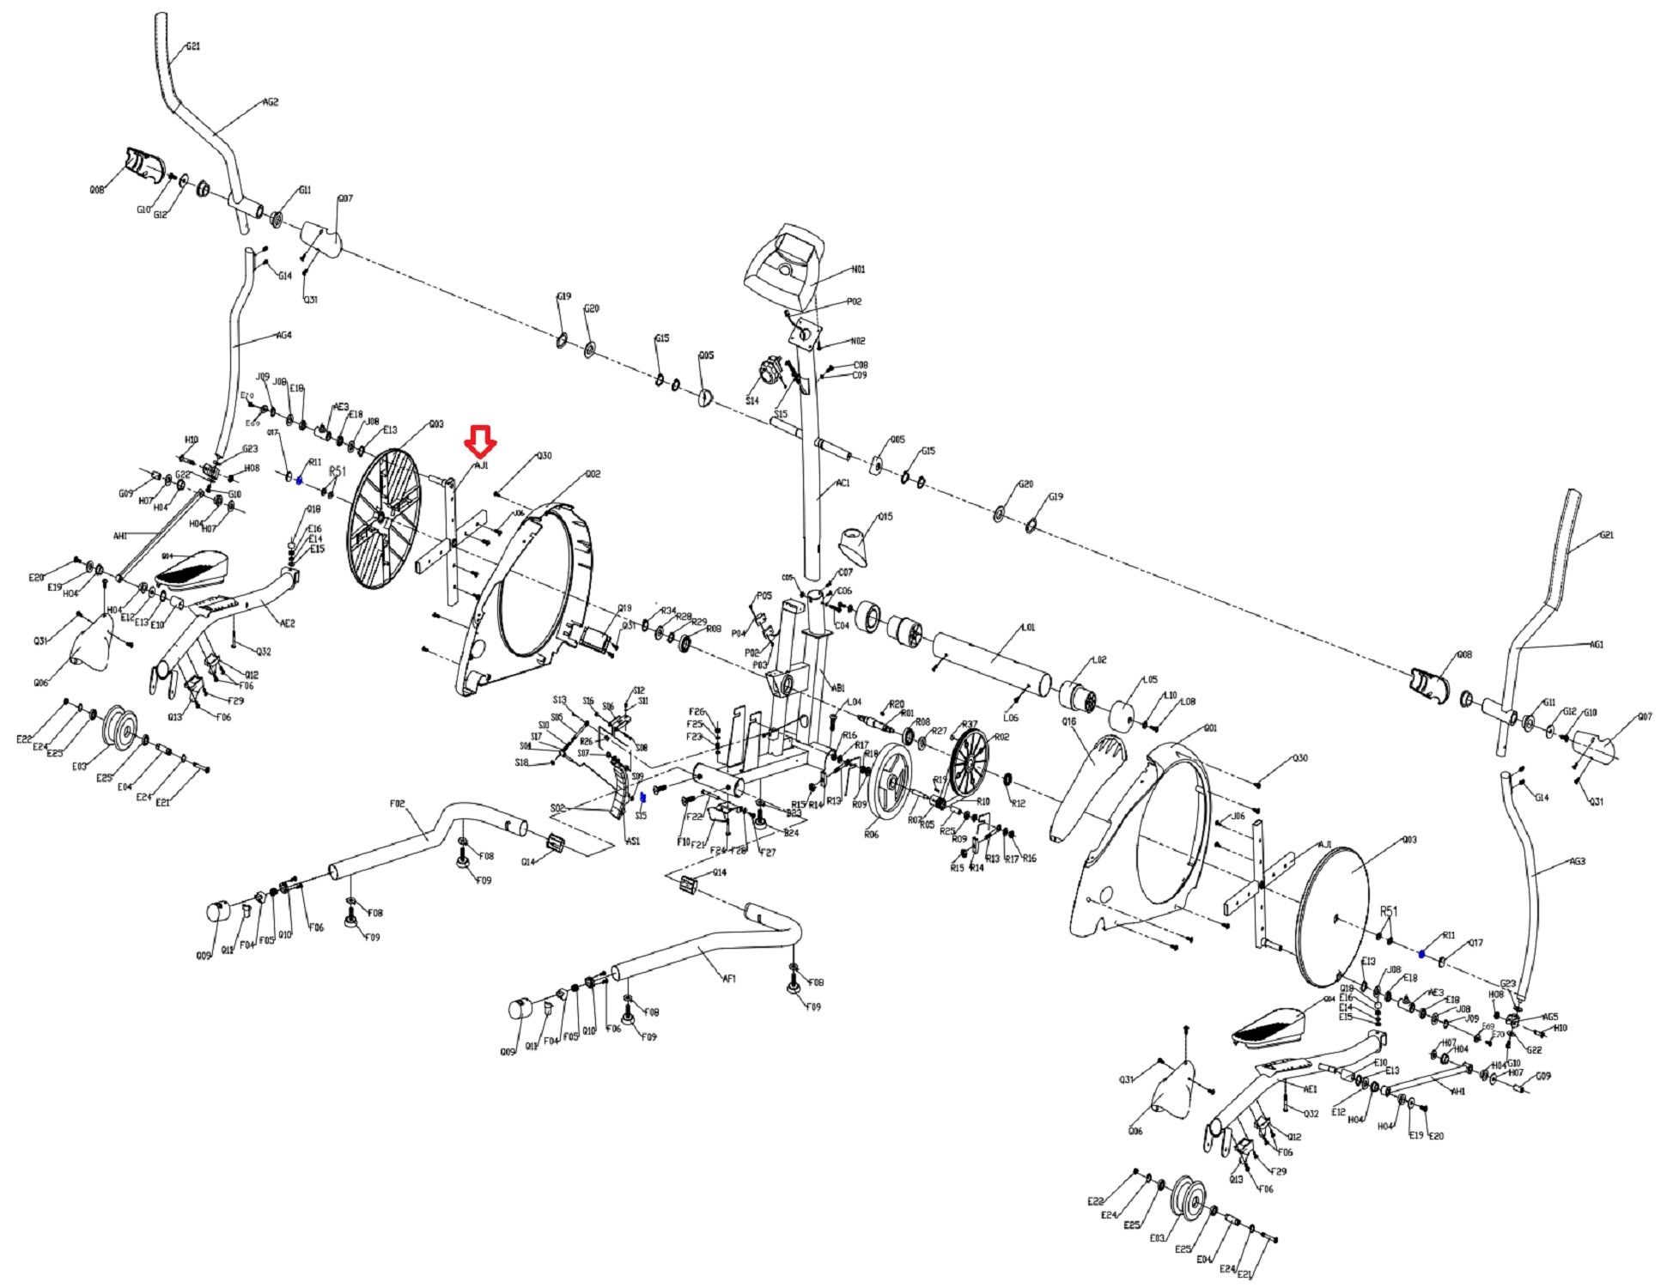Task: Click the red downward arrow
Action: pyautogui.click(x=480, y=441)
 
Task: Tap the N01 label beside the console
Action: pyautogui.click(x=858, y=270)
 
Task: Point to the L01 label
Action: pyautogui.click(x=1029, y=628)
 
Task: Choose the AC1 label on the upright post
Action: pyautogui.click(x=843, y=483)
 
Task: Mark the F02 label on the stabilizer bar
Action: pyautogui.click(x=397, y=804)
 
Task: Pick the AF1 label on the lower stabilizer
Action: pyautogui.click(x=728, y=978)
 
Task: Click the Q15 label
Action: pyautogui.click(x=885, y=517)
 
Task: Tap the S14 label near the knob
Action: pyautogui.click(x=752, y=401)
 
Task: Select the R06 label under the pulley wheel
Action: pyautogui.click(x=871, y=834)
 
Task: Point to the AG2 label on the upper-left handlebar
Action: pyautogui.click(x=271, y=102)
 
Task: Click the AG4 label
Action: pyautogui.click(x=283, y=335)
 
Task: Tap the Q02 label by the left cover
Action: pyautogui.click(x=593, y=474)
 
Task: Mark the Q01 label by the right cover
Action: pyautogui.click(x=1210, y=728)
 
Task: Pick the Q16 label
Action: pyautogui.click(x=1068, y=722)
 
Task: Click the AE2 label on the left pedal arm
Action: pyautogui.click(x=287, y=623)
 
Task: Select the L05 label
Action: pyautogui.click(x=1150, y=679)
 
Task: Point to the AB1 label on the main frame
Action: pyautogui.click(x=837, y=688)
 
